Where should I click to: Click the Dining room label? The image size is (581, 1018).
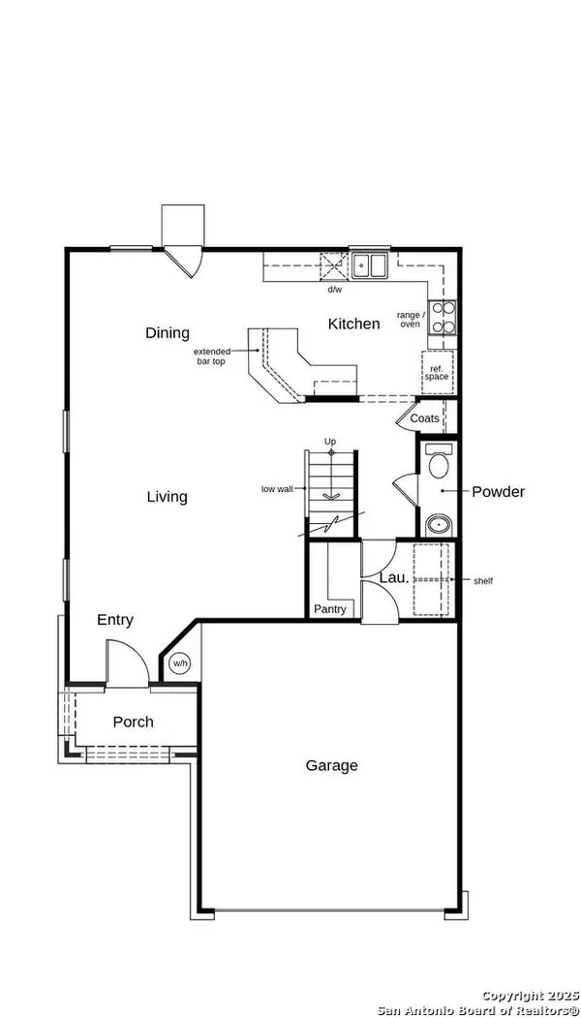(168, 333)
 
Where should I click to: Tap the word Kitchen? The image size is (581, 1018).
(353, 324)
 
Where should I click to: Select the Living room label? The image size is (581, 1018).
(167, 497)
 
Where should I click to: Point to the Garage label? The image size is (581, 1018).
(332, 765)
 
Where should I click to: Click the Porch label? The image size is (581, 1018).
(133, 722)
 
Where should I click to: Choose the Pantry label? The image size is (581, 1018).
(330, 609)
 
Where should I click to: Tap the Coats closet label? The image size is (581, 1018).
(424, 418)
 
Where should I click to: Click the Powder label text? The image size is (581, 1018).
(498, 491)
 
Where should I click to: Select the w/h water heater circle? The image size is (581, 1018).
(180, 663)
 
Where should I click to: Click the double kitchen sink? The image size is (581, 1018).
(369, 264)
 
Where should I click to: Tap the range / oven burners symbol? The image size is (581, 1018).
(443, 318)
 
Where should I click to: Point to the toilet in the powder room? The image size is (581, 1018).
(439, 461)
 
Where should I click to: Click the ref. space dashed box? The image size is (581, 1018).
(437, 372)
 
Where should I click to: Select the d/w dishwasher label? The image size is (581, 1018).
(334, 290)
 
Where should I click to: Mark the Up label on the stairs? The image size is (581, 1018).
(330, 442)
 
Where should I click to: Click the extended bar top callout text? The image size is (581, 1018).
(212, 356)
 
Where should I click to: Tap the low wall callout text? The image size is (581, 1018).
(277, 489)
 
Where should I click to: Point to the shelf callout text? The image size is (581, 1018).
(483, 581)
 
